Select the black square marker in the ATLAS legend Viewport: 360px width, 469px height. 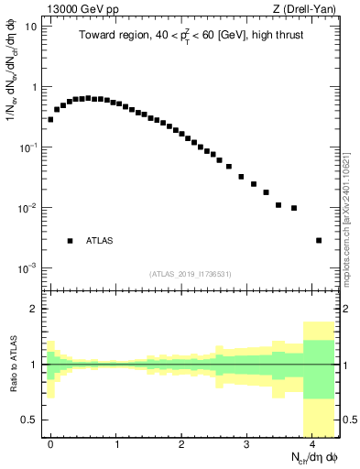point(70,241)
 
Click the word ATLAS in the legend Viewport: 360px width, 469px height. point(101,241)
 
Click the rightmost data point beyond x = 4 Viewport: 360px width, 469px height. point(318,240)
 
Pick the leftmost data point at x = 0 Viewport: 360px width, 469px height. point(50,119)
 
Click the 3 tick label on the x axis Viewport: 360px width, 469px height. point(246,444)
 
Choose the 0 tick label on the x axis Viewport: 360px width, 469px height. point(50,444)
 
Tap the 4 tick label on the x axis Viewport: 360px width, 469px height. point(312,444)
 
